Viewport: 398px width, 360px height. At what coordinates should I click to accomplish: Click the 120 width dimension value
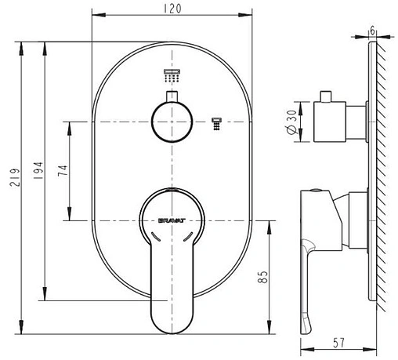tap(172, 9)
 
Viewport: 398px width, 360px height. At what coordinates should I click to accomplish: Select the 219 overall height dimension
tap(15, 177)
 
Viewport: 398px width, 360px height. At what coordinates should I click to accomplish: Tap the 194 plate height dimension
tap(38, 170)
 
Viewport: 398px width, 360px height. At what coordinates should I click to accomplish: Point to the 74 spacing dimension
tap(63, 170)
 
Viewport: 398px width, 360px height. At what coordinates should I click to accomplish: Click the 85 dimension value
tap(263, 277)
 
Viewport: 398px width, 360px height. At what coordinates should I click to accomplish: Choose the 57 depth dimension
tap(338, 343)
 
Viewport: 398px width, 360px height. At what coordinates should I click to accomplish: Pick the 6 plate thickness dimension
tap(372, 31)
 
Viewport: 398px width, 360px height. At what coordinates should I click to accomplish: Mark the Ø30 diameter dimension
tap(292, 122)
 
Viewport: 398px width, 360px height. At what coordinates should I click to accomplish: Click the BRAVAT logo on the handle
tap(172, 220)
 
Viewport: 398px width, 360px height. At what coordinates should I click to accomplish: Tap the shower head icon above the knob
tap(172, 75)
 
